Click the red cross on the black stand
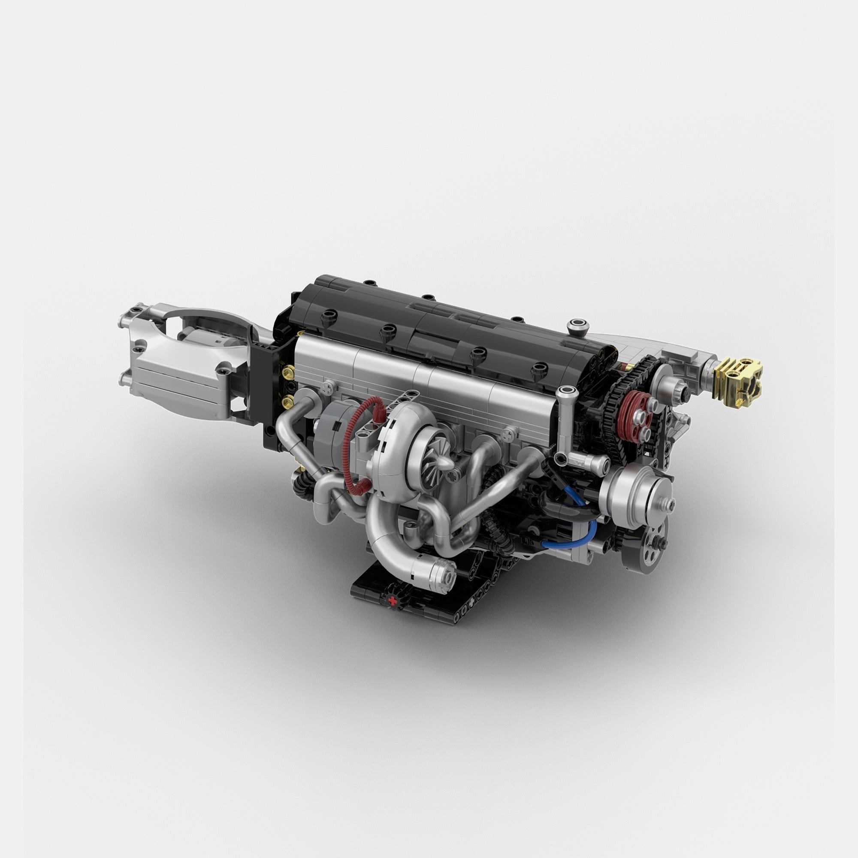[x=392, y=601]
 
